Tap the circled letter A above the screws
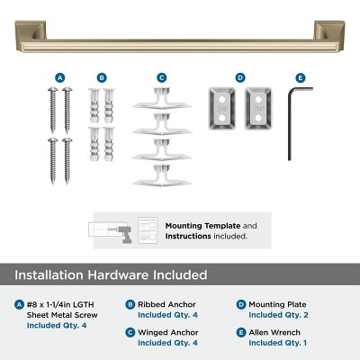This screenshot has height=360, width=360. click(x=60, y=78)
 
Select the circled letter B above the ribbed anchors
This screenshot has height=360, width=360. click(x=102, y=78)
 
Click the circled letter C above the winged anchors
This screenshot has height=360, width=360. click(x=162, y=78)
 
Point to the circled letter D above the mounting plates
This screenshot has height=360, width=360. click(x=240, y=78)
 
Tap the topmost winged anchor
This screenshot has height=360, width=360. click(x=162, y=101)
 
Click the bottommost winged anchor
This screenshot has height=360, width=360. click(x=162, y=177)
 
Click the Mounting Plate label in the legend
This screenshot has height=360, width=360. click(x=280, y=305)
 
